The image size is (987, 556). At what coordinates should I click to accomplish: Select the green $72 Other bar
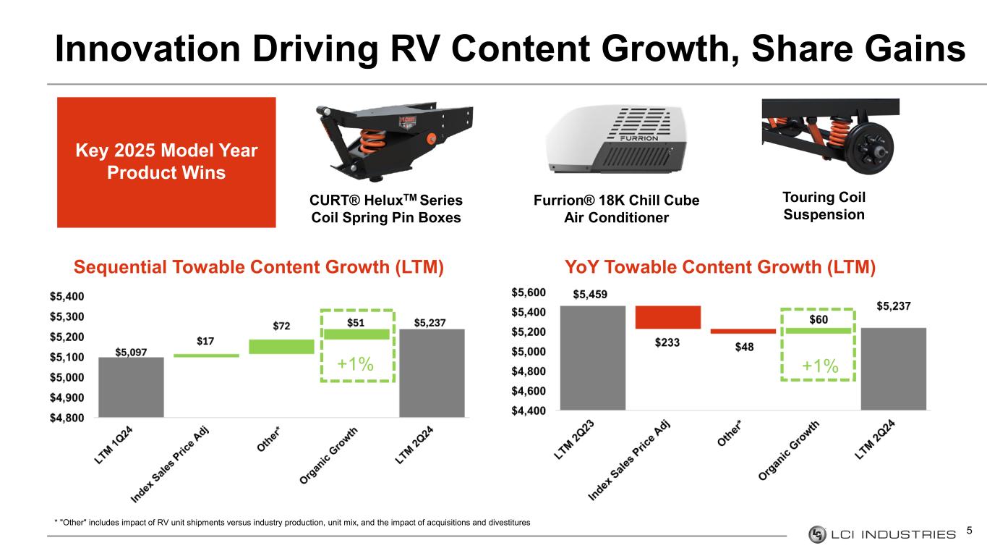coord(281,346)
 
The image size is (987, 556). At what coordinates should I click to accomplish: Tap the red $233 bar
coord(667,317)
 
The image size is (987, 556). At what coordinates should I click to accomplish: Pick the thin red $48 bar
coord(743,331)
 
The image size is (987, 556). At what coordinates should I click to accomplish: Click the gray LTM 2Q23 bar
coord(592,358)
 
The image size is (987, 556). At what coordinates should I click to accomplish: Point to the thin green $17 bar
coord(206,355)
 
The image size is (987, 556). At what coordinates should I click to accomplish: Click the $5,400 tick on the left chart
coord(67,296)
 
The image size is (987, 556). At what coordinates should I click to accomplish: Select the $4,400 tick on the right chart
coord(529,410)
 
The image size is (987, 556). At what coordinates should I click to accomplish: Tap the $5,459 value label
coord(591,295)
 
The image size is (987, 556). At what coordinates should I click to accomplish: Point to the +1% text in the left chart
coord(356,365)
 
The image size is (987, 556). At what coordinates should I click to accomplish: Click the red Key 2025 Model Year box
coord(166,162)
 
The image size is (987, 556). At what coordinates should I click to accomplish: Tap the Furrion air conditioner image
coord(617,138)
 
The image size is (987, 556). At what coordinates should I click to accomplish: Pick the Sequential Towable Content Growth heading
coord(258,268)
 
